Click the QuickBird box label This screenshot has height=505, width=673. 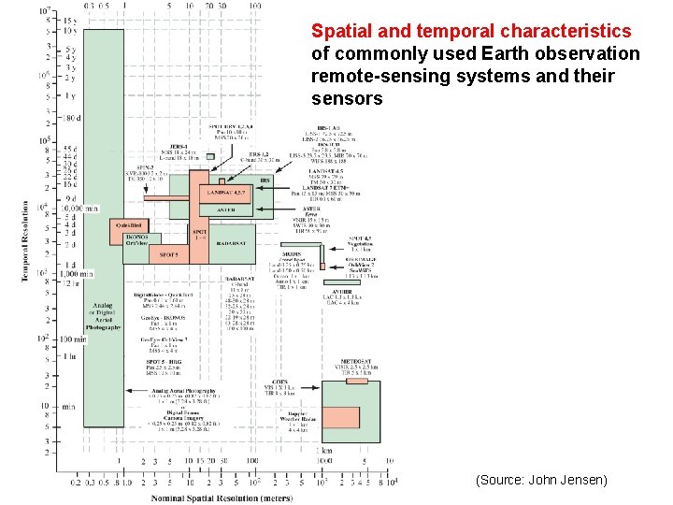[128, 225]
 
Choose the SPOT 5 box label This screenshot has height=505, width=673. [169, 254]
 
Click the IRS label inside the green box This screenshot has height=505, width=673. [265, 180]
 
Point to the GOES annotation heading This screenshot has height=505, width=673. [280, 381]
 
